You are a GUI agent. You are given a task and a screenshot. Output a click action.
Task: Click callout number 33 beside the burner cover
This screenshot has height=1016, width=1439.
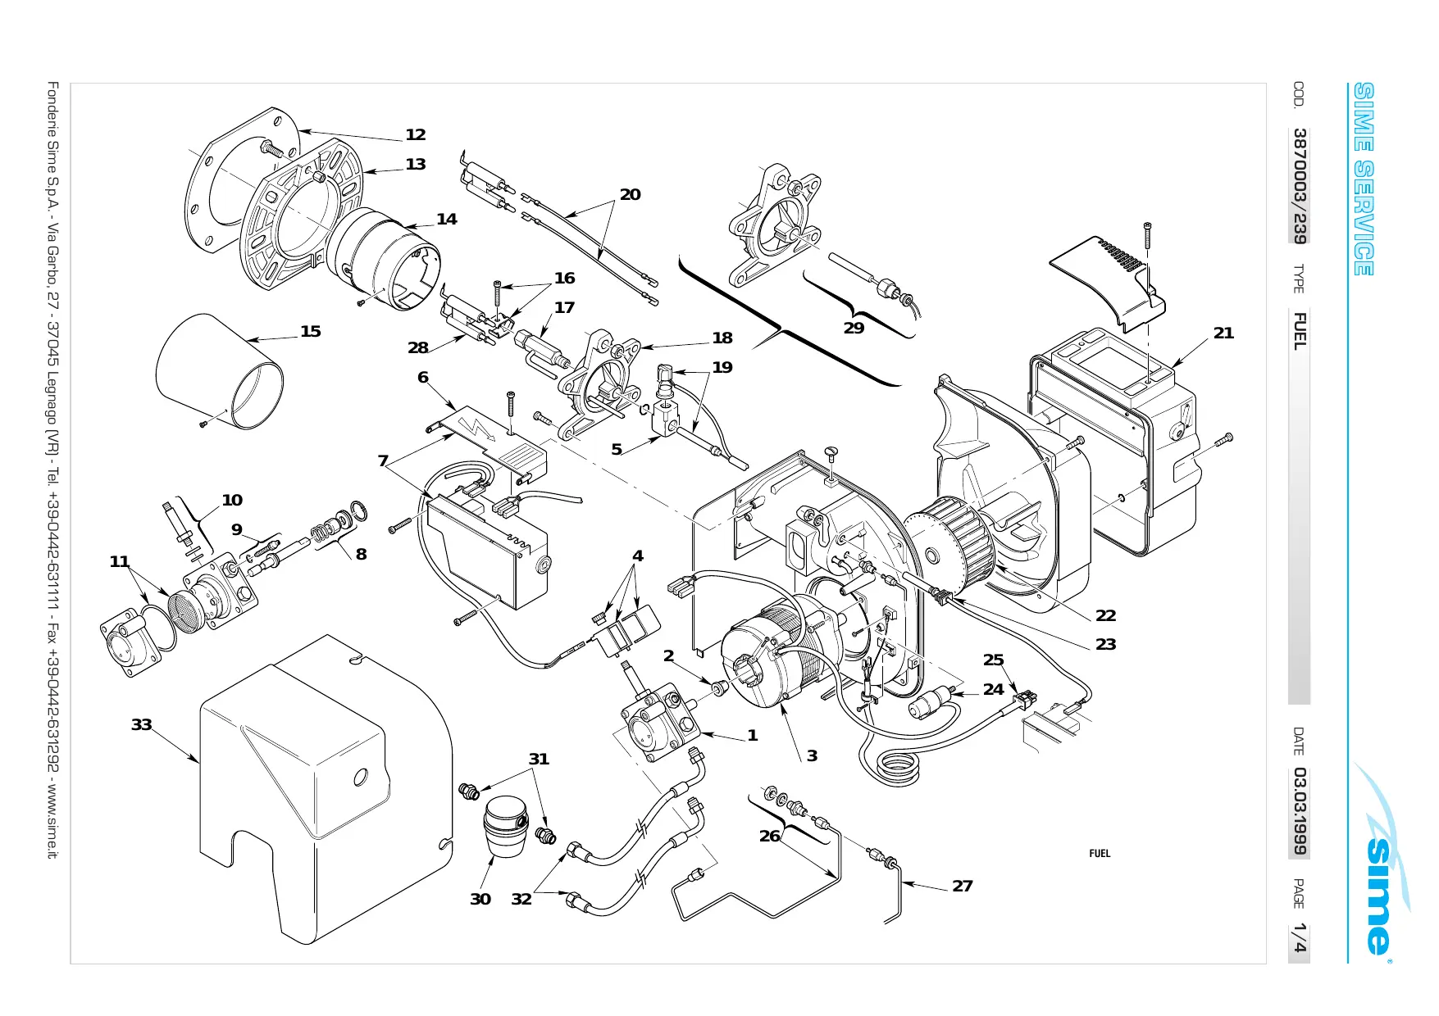tap(142, 725)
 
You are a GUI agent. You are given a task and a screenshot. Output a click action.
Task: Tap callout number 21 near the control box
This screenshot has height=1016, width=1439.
tap(1223, 333)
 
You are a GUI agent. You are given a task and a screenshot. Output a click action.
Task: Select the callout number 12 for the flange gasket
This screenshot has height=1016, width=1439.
tap(416, 135)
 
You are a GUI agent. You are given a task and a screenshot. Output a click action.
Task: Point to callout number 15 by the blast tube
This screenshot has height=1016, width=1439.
tap(311, 332)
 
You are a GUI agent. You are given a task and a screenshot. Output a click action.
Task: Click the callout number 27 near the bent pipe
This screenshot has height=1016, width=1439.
tap(963, 887)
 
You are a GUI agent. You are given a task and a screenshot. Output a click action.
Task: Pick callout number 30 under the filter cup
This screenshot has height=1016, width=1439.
tap(480, 900)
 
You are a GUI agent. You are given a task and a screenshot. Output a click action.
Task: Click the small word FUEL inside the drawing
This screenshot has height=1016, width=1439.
tap(1100, 854)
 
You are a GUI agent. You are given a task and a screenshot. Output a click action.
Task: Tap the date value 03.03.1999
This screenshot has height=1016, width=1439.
tap(1300, 811)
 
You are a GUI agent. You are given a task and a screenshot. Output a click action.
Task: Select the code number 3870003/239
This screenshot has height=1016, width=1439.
tap(1300, 185)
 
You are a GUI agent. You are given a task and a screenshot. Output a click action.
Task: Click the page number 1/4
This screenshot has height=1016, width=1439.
tap(1300, 939)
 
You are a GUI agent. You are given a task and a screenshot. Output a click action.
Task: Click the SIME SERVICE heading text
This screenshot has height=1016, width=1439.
tap(1363, 179)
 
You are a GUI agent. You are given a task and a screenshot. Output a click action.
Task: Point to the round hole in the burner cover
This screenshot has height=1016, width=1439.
tap(361, 776)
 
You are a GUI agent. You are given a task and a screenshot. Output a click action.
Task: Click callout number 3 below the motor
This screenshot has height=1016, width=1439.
tap(812, 755)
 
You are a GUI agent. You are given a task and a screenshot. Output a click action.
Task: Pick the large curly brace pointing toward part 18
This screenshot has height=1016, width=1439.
tap(789, 321)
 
